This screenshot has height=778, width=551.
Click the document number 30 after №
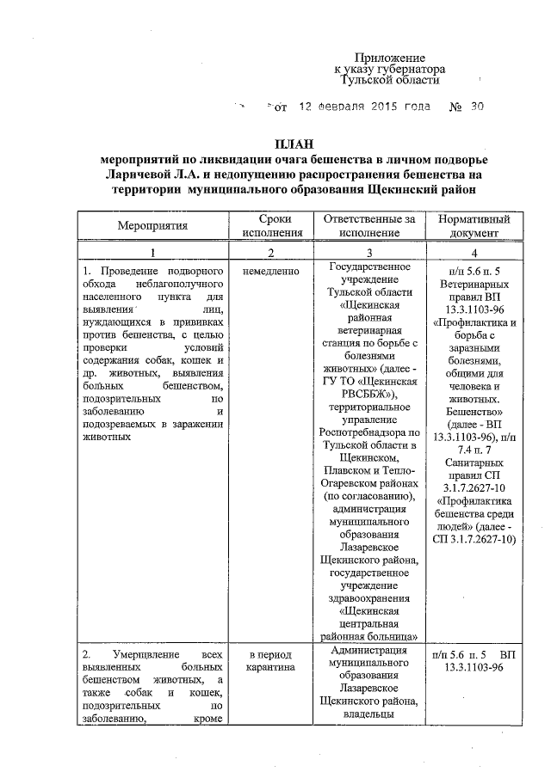477,107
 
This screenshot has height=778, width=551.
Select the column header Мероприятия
152,226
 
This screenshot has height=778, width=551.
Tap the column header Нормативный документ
474,226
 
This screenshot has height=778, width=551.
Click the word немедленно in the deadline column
271,272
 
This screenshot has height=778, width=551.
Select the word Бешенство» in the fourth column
474,413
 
